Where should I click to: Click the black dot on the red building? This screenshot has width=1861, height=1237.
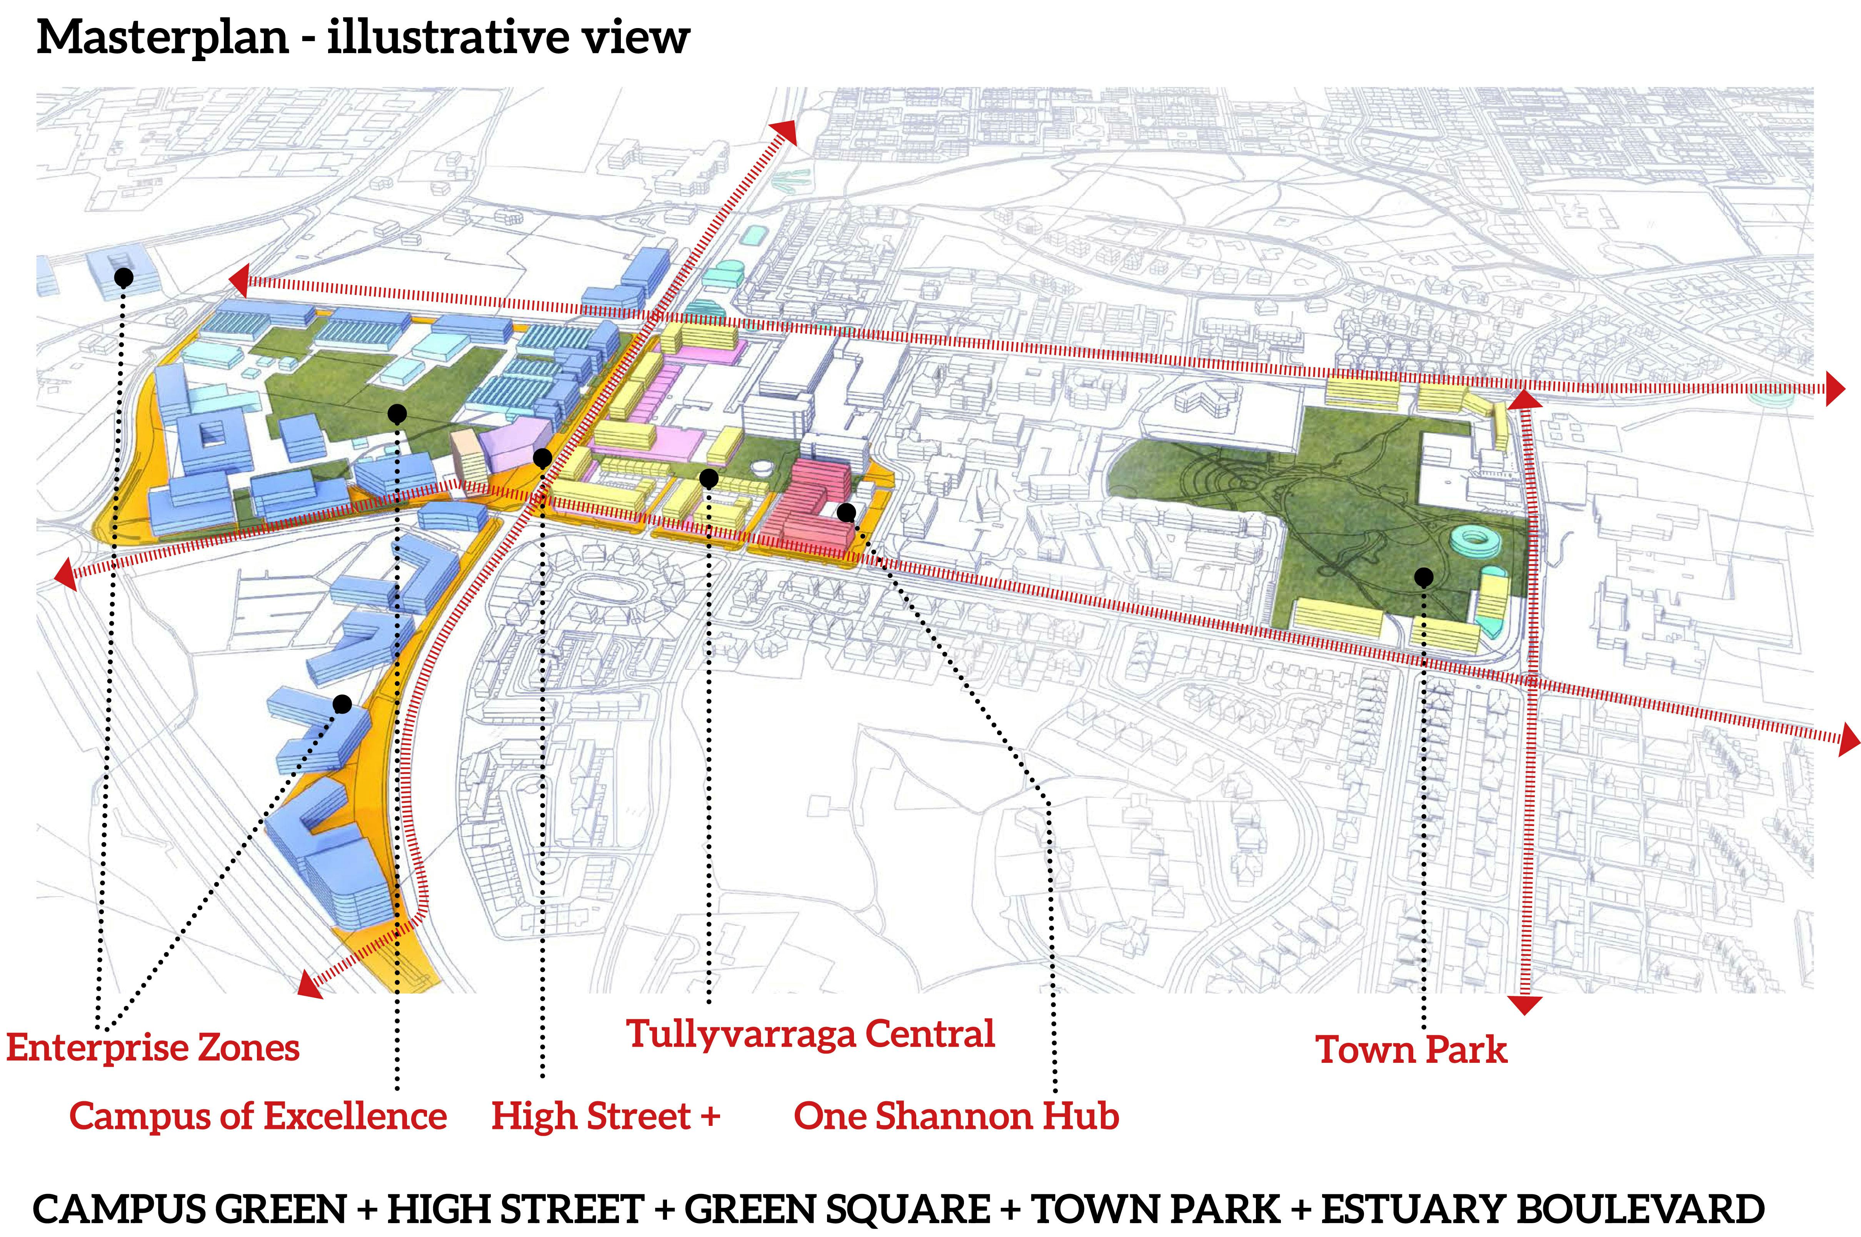(x=846, y=513)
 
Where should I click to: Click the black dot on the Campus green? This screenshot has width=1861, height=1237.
(x=397, y=413)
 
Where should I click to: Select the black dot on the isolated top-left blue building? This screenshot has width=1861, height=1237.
(x=123, y=277)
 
